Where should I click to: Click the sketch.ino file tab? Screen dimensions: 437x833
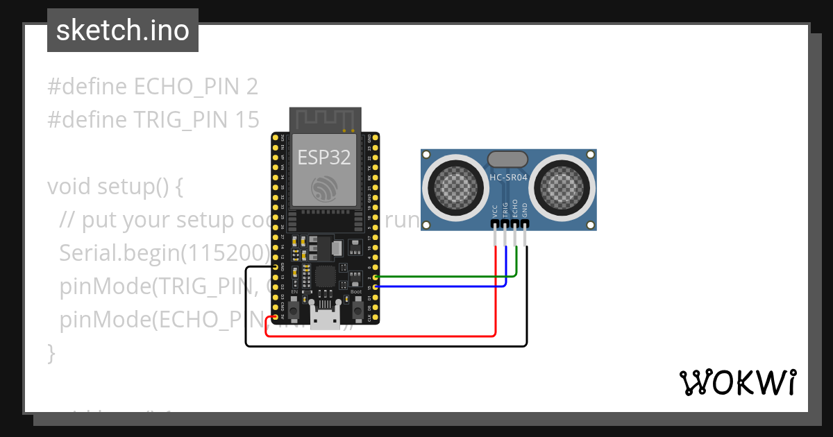click(x=123, y=31)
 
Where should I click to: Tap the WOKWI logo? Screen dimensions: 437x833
click(x=737, y=382)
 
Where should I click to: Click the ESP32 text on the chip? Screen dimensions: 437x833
click(x=324, y=157)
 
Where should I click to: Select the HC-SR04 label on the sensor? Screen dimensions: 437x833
click(x=509, y=178)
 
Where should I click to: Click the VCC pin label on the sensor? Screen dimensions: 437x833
click(x=495, y=211)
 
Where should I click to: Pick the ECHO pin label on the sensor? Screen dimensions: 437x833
click(x=515, y=209)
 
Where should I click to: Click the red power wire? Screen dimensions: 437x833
click(x=382, y=336)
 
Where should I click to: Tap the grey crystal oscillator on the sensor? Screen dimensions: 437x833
click(x=508, y=159)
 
